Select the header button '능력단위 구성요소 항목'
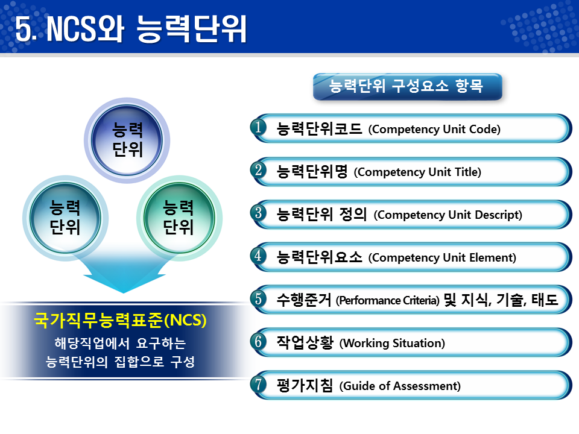[407, 86]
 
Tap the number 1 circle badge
[259, 128]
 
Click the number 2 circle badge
[259, 171]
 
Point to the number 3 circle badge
[259, 213]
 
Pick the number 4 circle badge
[259, 256]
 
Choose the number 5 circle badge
[259, 299]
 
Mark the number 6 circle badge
[259, 342]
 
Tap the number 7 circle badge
[259, 385]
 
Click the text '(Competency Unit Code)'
[434, 129]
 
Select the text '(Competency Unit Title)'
[418, 172]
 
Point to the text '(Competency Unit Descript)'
[448, 215]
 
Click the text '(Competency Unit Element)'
[442, 257]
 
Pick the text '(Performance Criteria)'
[388, 300]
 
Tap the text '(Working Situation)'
[392, 344]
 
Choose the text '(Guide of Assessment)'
[400, 386]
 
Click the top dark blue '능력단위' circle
[127, 139]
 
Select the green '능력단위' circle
[178, 218]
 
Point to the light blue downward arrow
[123, 274]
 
